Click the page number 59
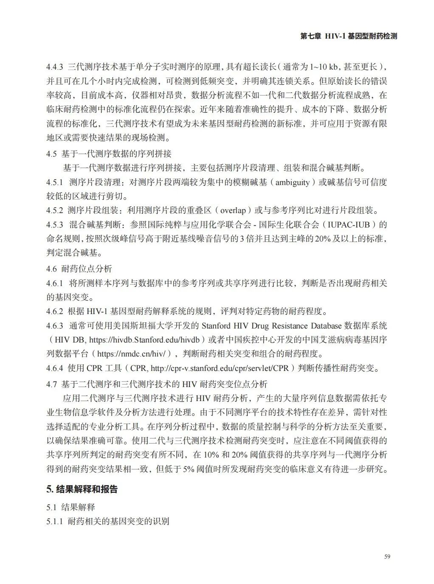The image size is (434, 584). tap(387, 557)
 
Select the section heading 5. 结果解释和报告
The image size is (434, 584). tap(82, 489)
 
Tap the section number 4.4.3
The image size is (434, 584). tap(55, 67)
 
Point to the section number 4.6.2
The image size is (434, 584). tap(55, 311)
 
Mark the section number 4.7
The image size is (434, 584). tap(51, 384)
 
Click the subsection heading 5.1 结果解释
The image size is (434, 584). tap(71, 507)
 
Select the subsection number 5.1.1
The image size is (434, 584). tap(55, 521)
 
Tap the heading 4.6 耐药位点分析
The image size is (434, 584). tap(79, 269)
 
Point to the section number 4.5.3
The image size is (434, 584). tap(55, 225)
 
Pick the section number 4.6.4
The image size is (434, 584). tap(55, 368)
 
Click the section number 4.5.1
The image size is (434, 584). tap(55, 182)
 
